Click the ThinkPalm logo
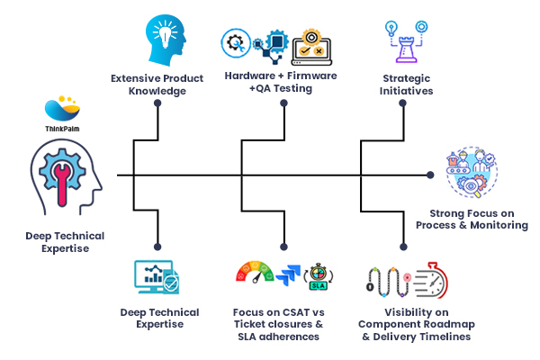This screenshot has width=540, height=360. (66, 112)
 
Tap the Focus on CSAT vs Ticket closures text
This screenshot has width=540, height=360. (281, 324)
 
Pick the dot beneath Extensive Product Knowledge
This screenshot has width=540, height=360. (157, 103)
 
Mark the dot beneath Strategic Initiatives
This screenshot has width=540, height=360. (400, 103)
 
